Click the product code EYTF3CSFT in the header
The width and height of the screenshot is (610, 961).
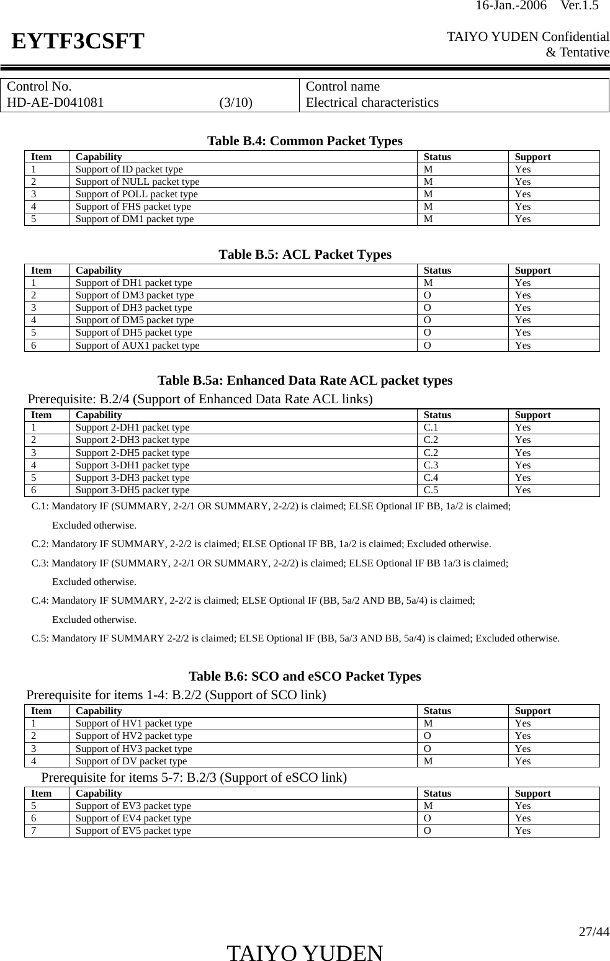coord(78,42)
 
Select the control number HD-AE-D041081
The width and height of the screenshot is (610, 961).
coord(56,102)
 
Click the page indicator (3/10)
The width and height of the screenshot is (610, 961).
coord(236,102)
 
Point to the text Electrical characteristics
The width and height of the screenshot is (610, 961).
coord(372,102)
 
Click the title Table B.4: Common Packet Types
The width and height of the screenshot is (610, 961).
coord(305,141)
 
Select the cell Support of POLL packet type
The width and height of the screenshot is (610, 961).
coord(137,194)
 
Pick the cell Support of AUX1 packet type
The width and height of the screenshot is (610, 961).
coord(137,345)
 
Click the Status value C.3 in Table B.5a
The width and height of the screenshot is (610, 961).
coord(431,465)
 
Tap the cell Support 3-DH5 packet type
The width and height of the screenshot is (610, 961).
coord(132,489)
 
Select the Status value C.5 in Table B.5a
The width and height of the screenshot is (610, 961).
coord(431,489)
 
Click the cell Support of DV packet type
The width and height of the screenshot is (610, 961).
coord(131,761)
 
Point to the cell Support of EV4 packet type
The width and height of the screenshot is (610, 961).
coord(133,818)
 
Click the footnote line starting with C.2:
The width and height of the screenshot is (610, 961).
coord(261,544)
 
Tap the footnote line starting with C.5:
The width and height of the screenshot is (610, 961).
coord(295,638)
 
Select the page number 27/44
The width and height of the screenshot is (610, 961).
coord(593,931)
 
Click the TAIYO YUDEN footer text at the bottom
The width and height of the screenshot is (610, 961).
coord(305,952)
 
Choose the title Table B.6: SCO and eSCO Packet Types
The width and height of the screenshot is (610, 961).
coord(305,676)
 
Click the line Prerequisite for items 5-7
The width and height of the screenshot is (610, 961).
coord(194,777)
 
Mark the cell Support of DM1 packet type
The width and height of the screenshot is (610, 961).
coord(134,218)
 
